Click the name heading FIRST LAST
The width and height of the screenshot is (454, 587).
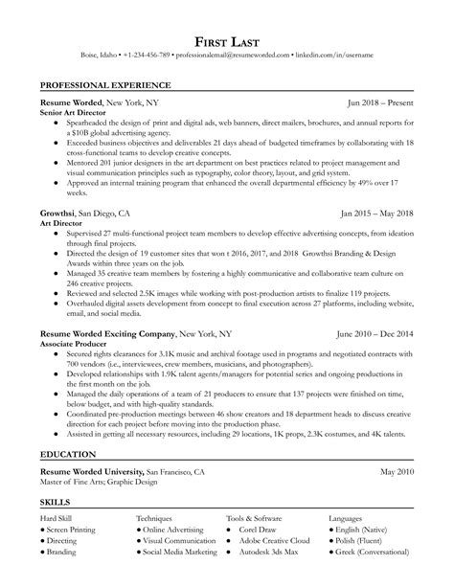click(x=227, y=41)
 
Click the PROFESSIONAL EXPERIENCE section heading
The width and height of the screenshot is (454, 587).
click(x=106, y=85)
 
